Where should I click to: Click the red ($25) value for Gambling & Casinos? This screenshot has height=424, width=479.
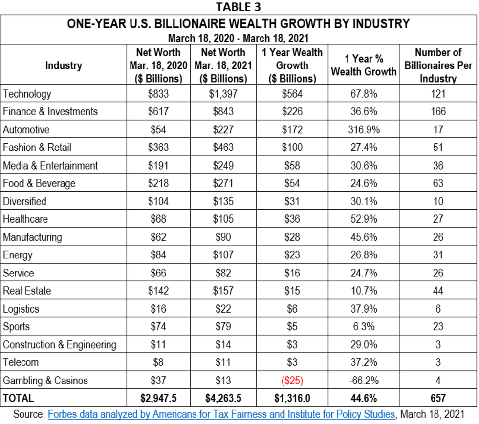(x=293, y=381)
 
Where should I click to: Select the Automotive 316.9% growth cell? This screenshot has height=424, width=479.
(x=364, y=129)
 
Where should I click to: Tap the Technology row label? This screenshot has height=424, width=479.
(x=27, y=94)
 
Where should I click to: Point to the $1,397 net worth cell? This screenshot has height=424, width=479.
(x=223, y=94)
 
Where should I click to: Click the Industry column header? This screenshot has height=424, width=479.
(x=64, y=65)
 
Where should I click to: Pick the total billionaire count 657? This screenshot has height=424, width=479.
(x=437, y=399)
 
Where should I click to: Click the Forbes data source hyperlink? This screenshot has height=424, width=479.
(x=221, y=414)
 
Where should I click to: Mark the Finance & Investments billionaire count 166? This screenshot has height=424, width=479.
(x=437, y=111)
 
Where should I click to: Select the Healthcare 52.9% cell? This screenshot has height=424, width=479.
(x=364, y=219)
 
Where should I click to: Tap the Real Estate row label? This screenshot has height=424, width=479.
(x=27, y=291)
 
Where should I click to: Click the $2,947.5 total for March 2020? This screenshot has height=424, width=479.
(x=158, y=399)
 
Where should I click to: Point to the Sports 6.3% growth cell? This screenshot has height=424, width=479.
(x=364, y=327)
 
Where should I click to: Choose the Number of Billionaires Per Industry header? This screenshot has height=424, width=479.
(x=437, y=65)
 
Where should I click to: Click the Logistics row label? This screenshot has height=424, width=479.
(x=21, y=309)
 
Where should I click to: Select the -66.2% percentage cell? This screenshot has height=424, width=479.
(x=364, y=381)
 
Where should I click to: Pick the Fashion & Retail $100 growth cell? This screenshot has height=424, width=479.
(x=293, y=148)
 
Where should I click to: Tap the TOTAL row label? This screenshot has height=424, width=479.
(x=19, y=399)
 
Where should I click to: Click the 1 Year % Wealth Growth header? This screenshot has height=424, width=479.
(x=364, y=65)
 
